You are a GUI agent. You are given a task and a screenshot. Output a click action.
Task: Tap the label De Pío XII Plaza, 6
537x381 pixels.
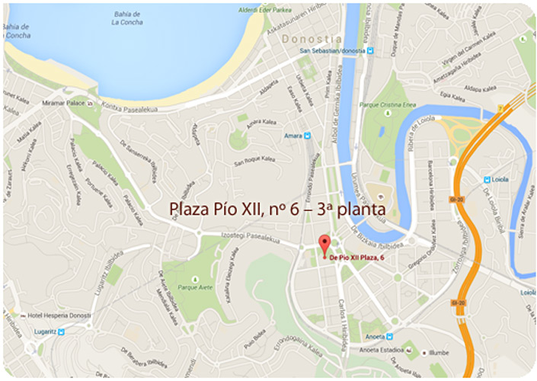(x=362, y=258)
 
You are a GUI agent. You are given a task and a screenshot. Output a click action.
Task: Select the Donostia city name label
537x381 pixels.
(x=313, y=38)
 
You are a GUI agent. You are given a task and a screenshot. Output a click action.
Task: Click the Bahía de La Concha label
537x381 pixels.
(x=126, y=18)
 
